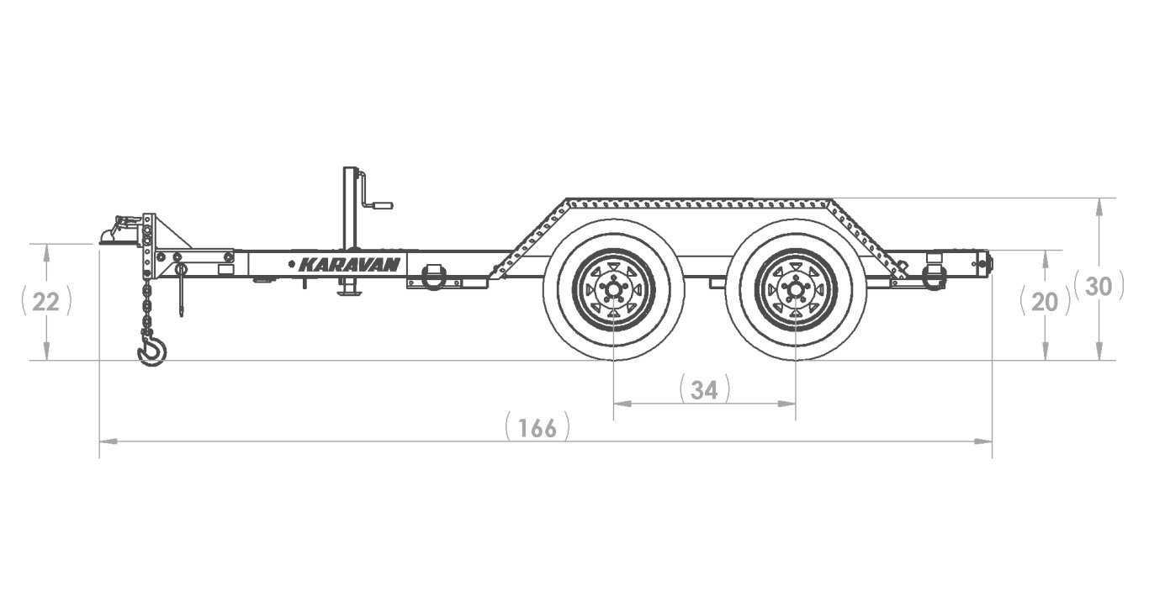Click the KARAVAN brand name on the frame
349,265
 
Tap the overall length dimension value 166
537,428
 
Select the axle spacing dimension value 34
704,390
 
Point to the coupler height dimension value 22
45,302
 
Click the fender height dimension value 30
1099,287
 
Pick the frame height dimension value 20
1045,303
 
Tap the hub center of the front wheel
613,290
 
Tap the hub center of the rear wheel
795,290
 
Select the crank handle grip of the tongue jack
382,205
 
